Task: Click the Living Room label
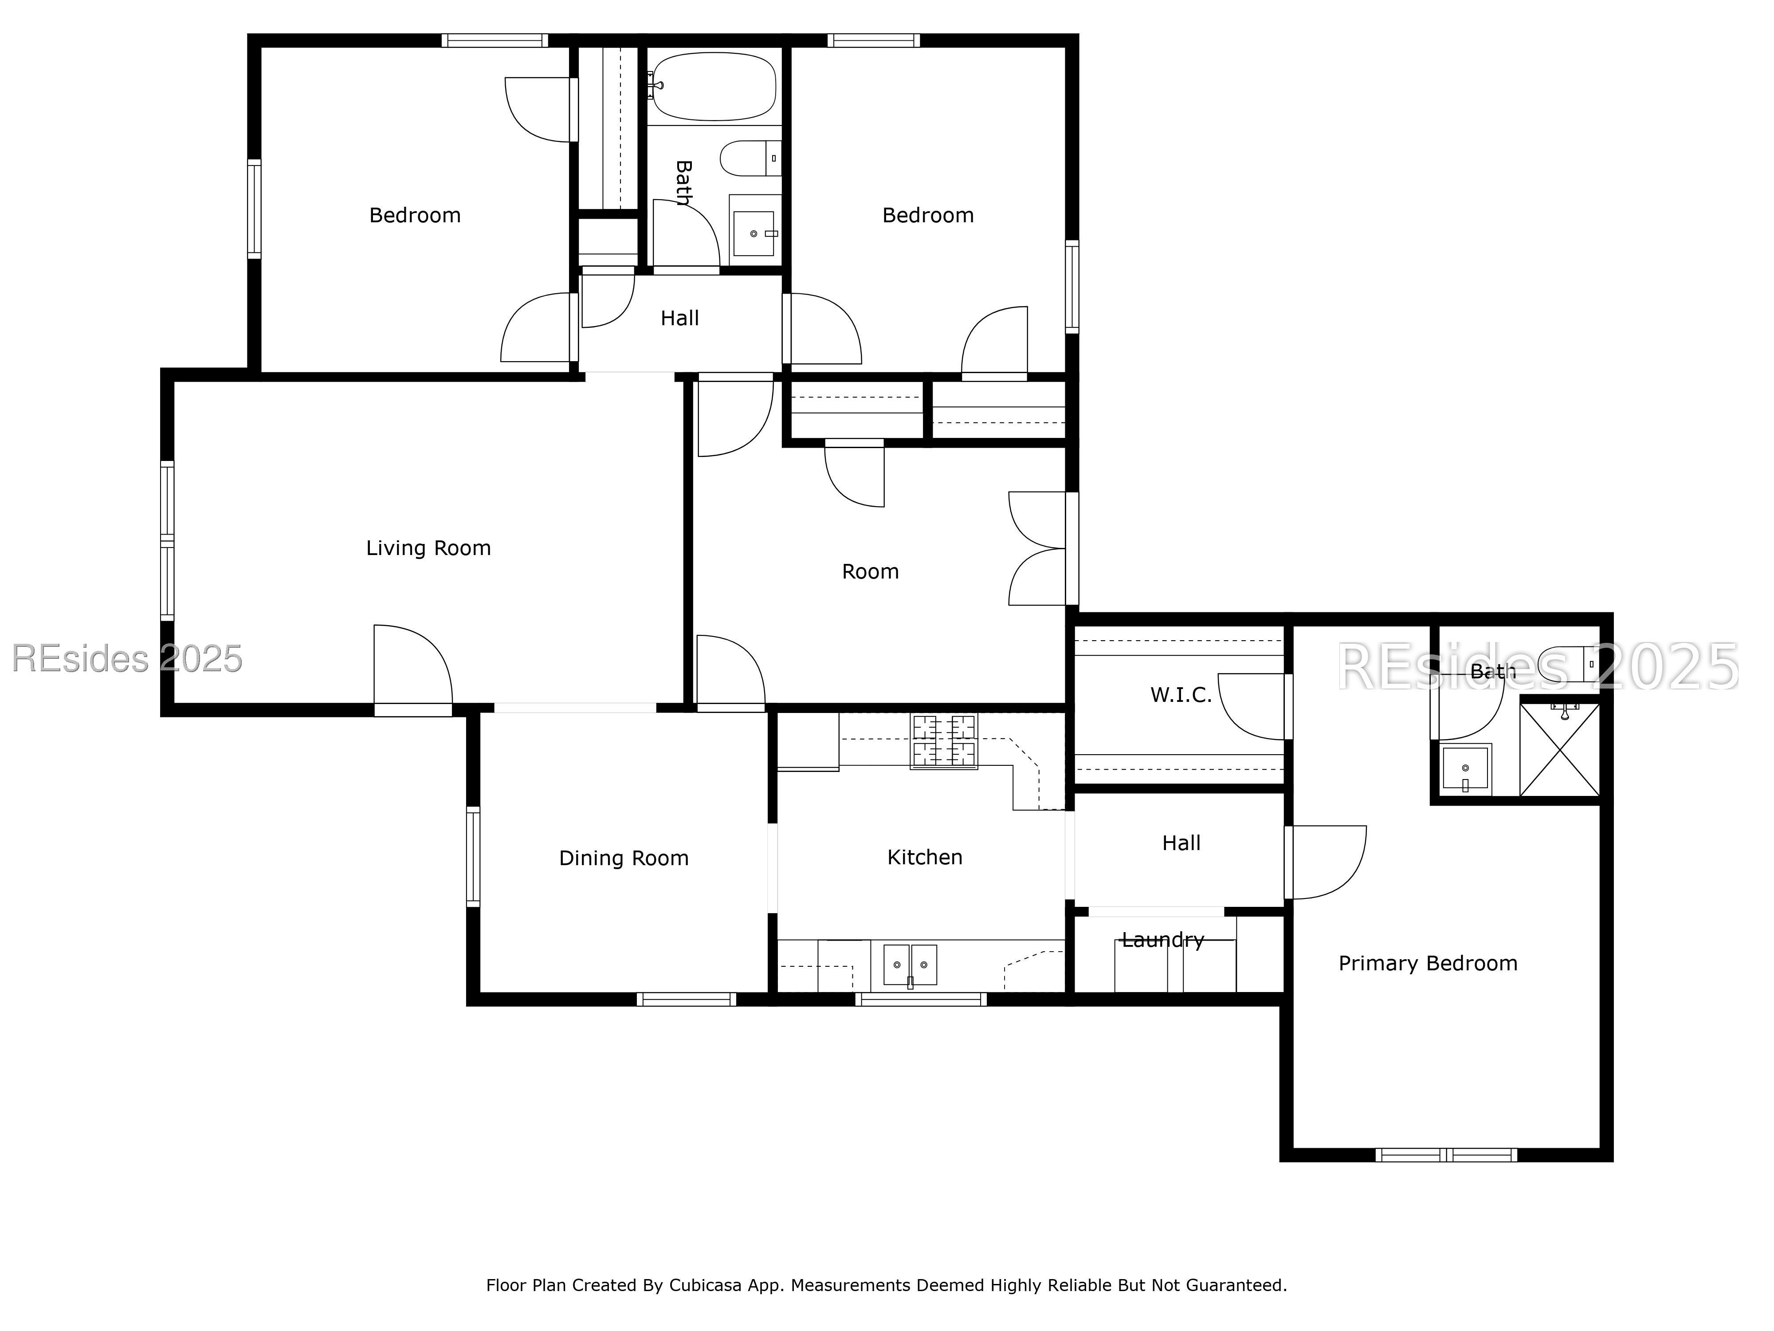pyautogui.click(x=428, y=548)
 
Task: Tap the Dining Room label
pyautogui.click(x=624, y=858)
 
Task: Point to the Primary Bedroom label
pyautogui.click(x=1428, y=964)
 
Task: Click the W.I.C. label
pyautogui.click(x=1181, y=695)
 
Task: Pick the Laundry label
pyautogui.click(x=1163, y=940)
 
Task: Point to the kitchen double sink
pyautogui.click(x=910, y=965)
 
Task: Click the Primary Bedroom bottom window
pyautogui.click(x=1446, y=1155)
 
